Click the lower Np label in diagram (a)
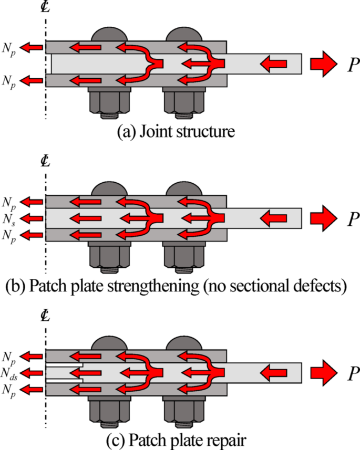coord(12,81)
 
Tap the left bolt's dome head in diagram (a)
coord(109,33)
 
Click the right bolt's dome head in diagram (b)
coord(184,187)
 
